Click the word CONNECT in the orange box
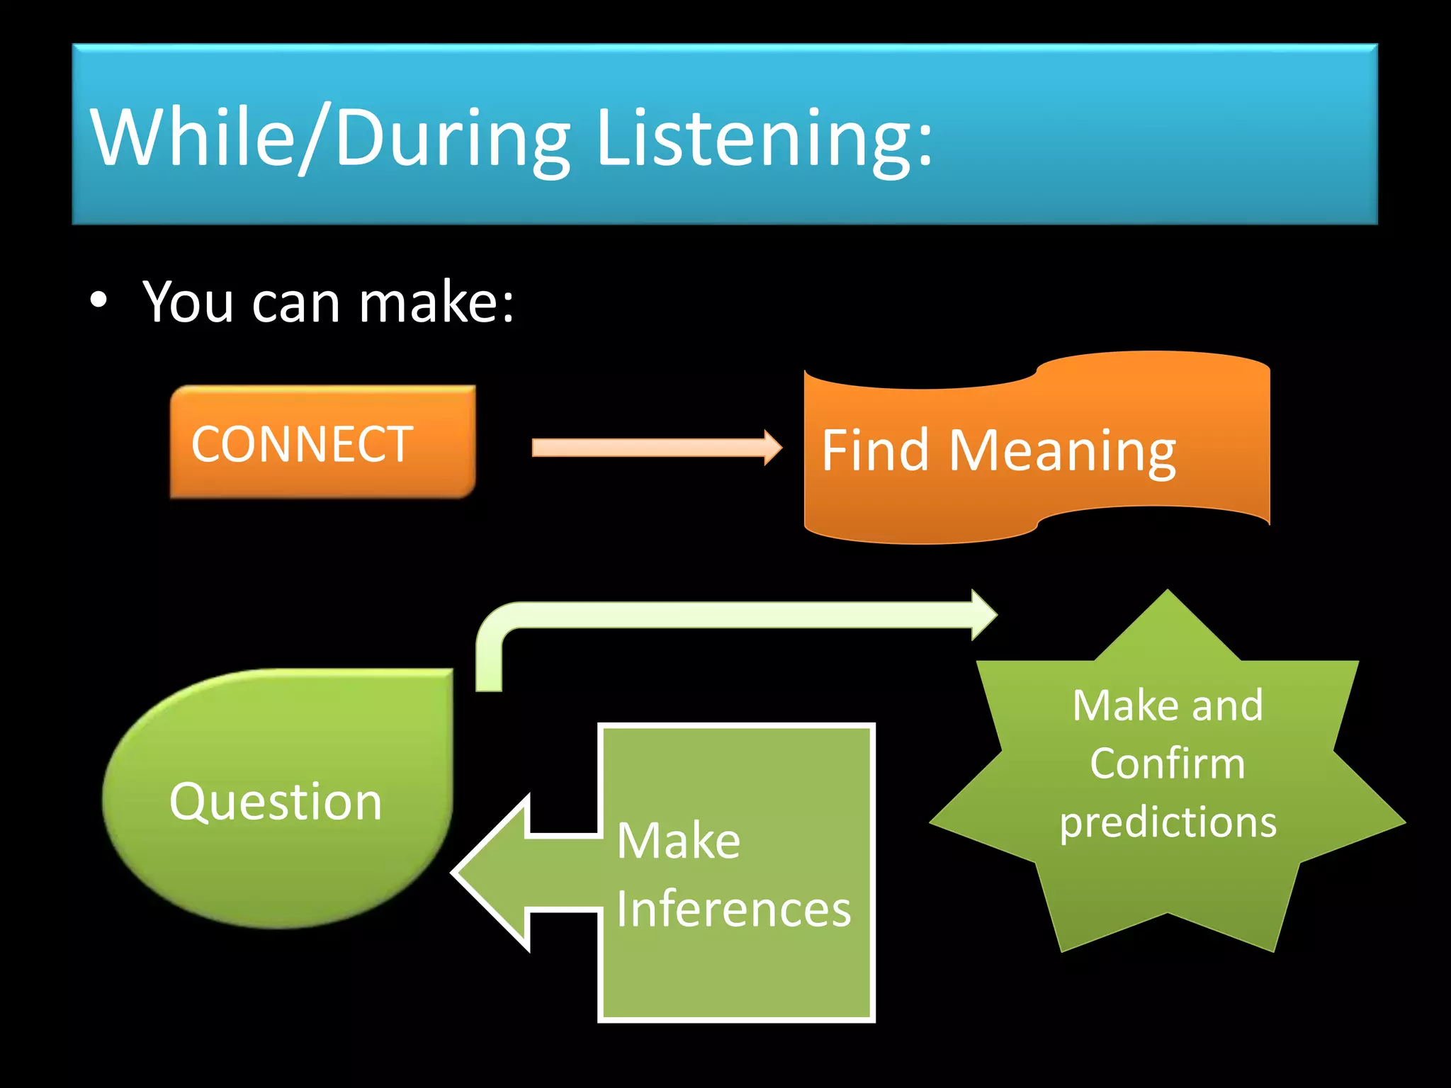point(302,445)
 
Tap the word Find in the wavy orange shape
point(875,450)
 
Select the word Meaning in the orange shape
point(1062,452)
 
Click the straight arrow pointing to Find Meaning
point(655,448)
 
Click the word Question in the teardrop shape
point(276,802)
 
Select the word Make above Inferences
point(678,841)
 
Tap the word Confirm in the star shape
point(1167,764)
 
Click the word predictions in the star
point(1168,822)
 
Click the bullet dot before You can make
point(99,300)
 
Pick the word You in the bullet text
point(188,302)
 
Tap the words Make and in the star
point(1168,705)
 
